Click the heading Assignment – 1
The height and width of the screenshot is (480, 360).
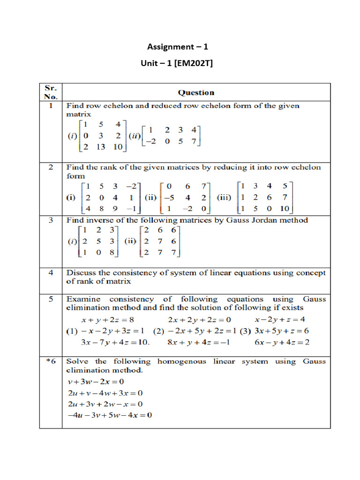178,46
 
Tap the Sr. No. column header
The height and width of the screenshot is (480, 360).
51,92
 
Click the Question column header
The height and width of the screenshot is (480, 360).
196,93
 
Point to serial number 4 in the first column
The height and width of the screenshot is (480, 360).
51,272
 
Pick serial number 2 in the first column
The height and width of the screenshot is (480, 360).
51,167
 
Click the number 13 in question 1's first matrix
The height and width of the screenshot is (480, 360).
99,147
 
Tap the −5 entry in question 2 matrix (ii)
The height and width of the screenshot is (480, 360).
168,198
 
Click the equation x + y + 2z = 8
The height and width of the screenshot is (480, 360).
108,320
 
